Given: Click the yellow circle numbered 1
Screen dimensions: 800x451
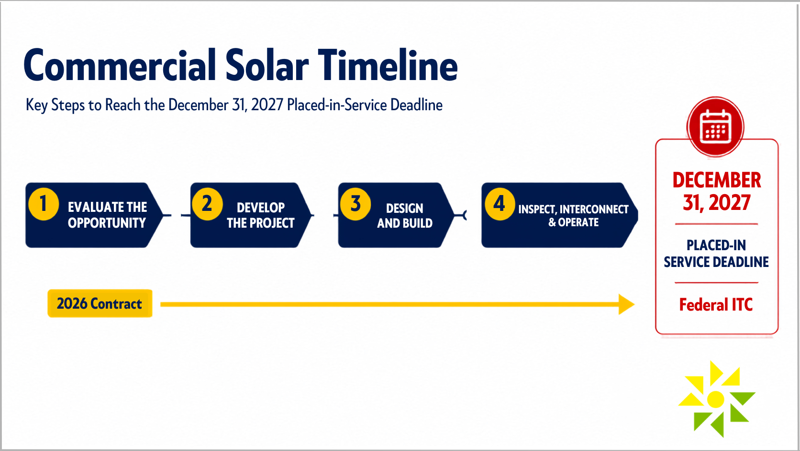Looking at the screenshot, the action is coord(44,204).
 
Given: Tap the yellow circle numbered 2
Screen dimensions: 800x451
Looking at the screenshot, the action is coord(207,204).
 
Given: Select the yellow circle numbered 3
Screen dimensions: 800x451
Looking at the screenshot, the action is coord(356,204).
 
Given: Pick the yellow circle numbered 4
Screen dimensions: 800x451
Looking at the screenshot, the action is coord(500,204).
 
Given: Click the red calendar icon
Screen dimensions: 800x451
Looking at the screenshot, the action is coord(715,127).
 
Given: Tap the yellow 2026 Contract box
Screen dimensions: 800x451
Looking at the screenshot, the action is coord(100,303).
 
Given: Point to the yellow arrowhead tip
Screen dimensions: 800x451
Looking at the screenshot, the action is coord(634,304).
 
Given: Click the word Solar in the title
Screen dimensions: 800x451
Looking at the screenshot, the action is coord(267,66).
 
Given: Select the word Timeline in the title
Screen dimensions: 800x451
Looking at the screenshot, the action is coord(388,66).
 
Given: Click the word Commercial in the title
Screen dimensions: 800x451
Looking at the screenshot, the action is coord(120,66).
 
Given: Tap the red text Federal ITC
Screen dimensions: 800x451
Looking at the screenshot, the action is coord(716,305).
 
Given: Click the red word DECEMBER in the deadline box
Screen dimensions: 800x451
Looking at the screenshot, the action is coord(717,180).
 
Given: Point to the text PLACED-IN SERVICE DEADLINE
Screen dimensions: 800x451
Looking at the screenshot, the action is coord(716,254).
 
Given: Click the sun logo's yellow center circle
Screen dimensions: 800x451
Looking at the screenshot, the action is coord(715,399).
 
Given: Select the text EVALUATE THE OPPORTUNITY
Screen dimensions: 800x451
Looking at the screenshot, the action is coord(107,215).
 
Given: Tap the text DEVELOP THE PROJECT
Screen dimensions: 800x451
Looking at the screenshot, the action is coord(261,215).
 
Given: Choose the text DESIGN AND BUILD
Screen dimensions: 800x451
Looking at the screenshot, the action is coord(405,216).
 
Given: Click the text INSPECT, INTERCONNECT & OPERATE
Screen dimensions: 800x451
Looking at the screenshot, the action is coord(573,216).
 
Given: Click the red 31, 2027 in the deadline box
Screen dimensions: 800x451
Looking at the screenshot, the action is coord(716,203).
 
